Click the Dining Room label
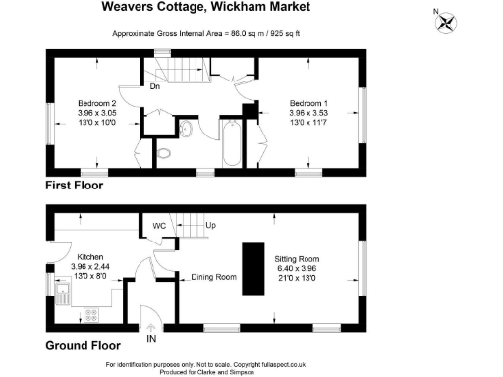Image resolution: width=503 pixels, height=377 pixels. [x=214, y=278]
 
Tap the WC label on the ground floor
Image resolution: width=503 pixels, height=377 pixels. [x=159, y=226]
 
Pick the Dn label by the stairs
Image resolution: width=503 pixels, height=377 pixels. [x=155, y=85]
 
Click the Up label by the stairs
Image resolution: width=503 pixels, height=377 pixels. [x=209, y=225]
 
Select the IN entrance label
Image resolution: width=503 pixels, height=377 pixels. [x=151, y=339]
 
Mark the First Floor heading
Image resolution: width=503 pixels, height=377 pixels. [x=74, y=185]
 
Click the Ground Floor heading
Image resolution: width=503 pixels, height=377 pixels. [x=83, y=345]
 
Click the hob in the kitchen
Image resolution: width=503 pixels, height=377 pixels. [x=93, y=316]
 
